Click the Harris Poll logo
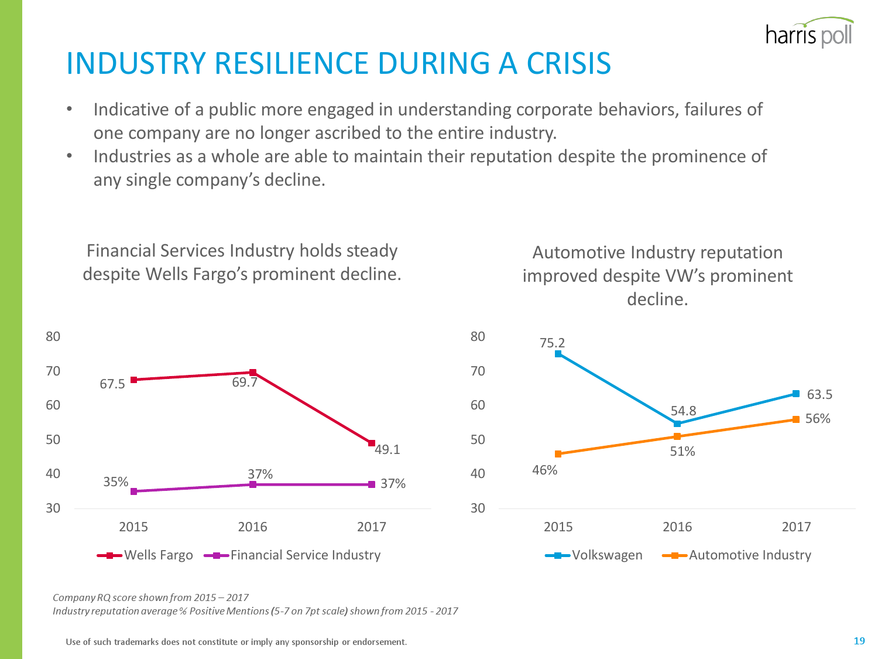(809, 34)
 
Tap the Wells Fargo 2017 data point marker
(372, 443)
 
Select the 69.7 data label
(245, 383)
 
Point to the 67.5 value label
(112, 384)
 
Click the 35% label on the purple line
(115, 482)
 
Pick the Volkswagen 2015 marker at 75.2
(558, 354)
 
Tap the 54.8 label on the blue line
(683, 411)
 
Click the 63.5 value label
(819, 394)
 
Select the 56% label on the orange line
(818, 418)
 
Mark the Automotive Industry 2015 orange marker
(558, 454)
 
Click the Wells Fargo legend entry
(145, 555)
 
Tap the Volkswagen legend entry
(594, 555)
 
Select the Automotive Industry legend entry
(737, 555)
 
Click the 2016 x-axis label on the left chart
(252, 527)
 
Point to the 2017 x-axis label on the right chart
(796, 527)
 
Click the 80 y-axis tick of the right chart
(478, 336)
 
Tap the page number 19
(859, 641)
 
